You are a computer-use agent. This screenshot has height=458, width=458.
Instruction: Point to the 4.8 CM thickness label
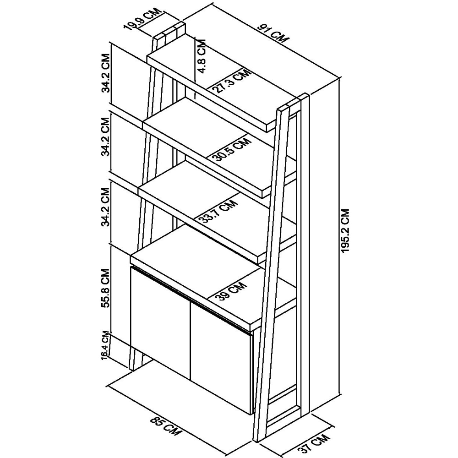pyautogui.click(x=201, y=56)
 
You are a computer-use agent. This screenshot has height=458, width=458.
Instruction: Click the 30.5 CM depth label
pyautogui.click(x=233, y=149)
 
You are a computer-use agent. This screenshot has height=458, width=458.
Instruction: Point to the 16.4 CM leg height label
pyautogui.click(x=106, y=344)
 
